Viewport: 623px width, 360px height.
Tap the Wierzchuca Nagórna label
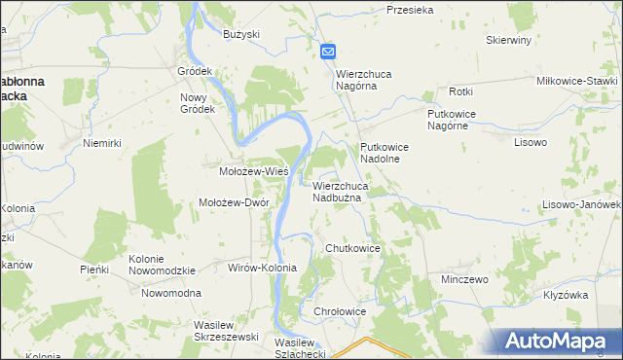[x=370, y=79]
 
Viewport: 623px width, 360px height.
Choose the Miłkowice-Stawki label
[x=577, y=81]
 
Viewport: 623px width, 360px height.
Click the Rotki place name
[x=460, y=91]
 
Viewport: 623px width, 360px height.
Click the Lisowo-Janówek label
[x=582, y=205]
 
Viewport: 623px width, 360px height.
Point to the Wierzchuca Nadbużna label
[x=340, y=191]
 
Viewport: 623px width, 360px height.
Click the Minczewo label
[x=463, y=278]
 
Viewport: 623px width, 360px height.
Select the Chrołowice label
[x=340, y=311]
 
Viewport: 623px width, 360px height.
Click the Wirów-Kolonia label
[x=262, y=267]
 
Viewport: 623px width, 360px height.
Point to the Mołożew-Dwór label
[x=234, y=202]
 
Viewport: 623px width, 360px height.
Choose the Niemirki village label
[x=101, y=143]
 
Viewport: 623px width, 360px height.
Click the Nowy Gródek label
[x=198, y=103]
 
